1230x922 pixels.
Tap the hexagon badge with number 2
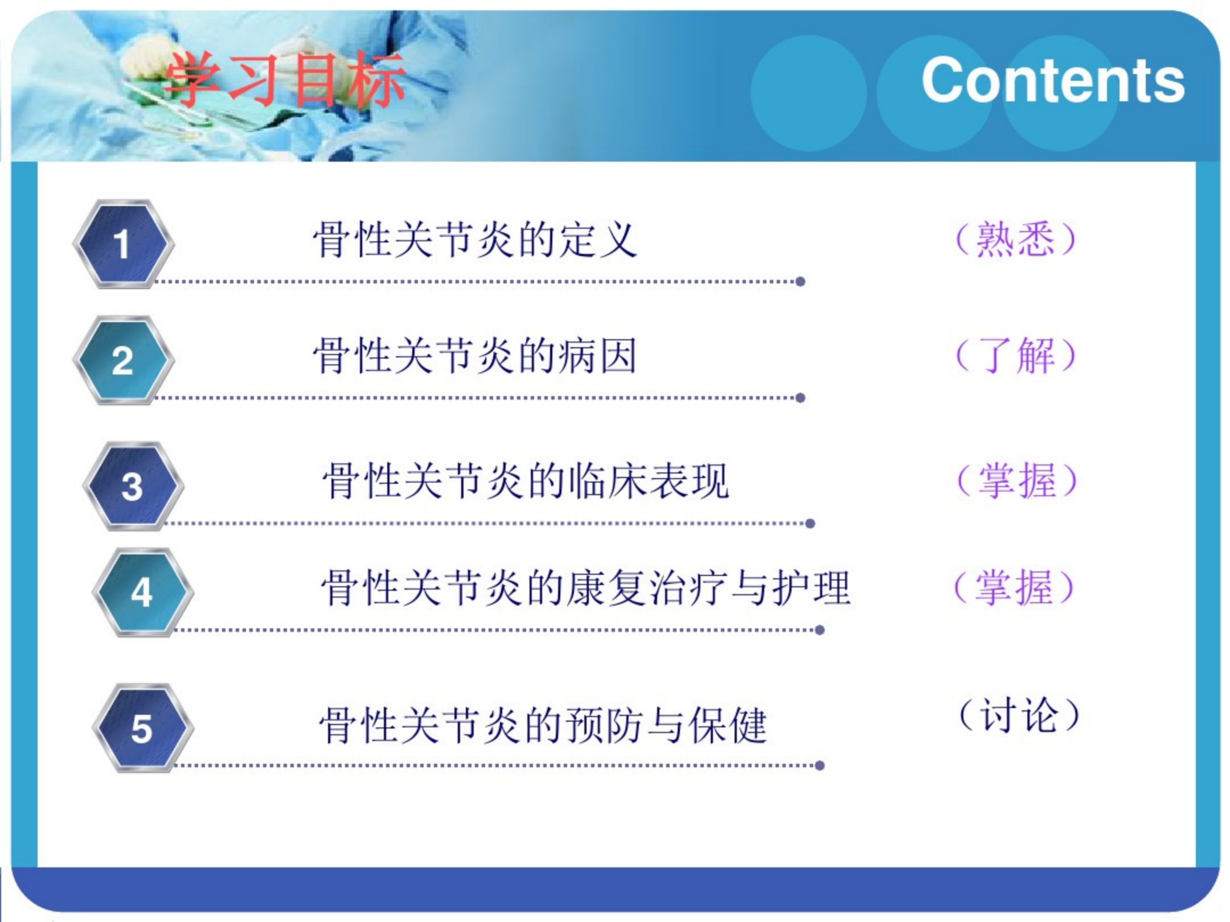pyautogui.click(x=123, y=360)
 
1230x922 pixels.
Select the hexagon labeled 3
pyautogui.click(x=133, y=486)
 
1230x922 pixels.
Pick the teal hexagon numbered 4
pyautogui.click(x=142, y=592)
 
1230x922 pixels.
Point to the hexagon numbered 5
pyautogui.click(x=142, y=728)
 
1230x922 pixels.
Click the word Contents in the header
pyautogui.click(x=1053, y=80)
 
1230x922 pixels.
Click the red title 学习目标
pyautogui.click(x=285, y=80)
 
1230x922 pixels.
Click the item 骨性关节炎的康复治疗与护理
pyautogui.click(x=586, y=587)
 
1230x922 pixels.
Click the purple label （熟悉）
pyautogui.click(x=1016, y=239)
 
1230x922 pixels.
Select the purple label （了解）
pyautogui.click(x=1016, y=355)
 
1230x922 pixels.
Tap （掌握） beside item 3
pyautogui.click(x=1017, y=480)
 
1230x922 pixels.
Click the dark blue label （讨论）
pyautogui.click(x=1019, y=715)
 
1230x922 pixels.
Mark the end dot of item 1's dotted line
pyautogui.click(x=800, y=281)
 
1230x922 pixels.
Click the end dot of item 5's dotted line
pyautogui.click(x=820, y=765)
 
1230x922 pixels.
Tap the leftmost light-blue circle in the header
pyautogui.click(x=809, y=93)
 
